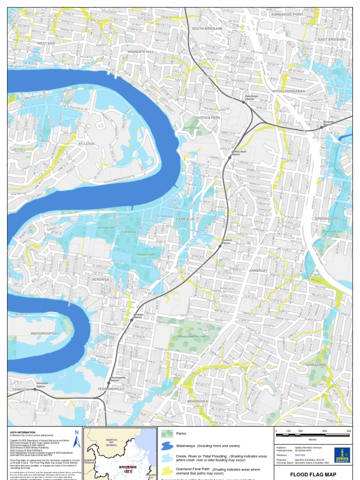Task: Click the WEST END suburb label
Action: tap(46, 43)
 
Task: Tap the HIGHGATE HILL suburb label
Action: tap(141, 52)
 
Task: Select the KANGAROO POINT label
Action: tap(287, 15)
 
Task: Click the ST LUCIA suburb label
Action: tap(86, 143)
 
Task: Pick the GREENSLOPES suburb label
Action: tap(328, 218)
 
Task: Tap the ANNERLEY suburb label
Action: tap(258, 270)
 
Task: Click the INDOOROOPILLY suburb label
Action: tap(45, 333)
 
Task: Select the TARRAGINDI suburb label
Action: tap(315, 364)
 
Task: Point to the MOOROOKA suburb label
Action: tap(197, 401)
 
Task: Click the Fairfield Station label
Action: tap(226, 241)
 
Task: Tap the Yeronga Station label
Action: tap(138, 316)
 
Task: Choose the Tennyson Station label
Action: tap(42, 384)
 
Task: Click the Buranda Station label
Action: tap(328, 123)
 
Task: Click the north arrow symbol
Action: tap(77, 439)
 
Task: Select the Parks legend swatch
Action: tap(167, 434)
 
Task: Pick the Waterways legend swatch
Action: tap(167, 446)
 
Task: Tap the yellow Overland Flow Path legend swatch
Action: tap(167, 470)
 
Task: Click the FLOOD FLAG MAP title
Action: tap(313, 474)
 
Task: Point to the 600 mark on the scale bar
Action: tap(324, 431)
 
